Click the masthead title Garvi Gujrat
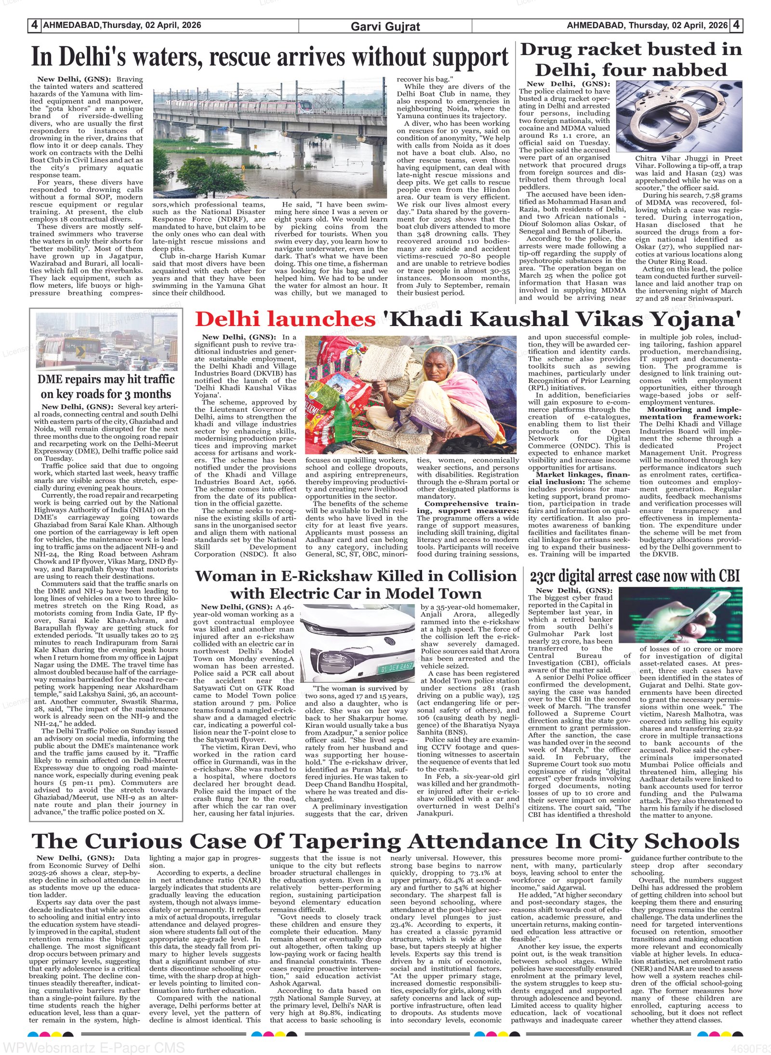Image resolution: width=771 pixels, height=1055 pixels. coord(385,27)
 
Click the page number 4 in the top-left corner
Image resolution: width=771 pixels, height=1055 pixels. coord(35,26)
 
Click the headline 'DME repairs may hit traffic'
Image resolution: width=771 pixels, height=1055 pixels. coord(106,379)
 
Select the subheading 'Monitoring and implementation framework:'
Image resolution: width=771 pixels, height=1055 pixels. coord(691,413)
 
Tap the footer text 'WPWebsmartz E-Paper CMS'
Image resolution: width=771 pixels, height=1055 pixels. coord(94,1047)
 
